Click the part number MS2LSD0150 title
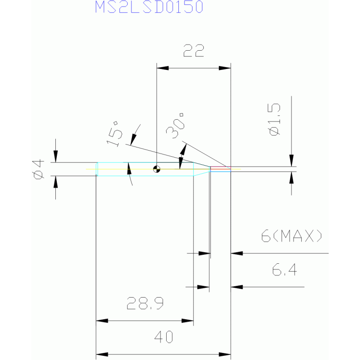coord(149,7)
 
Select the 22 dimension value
coord(193,51)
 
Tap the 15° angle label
coord(115,134)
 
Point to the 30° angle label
coord(175,126)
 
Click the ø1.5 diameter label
coord(275,119)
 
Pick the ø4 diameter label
coord(38,169)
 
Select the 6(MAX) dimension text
coord(291,236)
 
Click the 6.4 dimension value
coord(284,269)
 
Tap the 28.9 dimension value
coord(145,303)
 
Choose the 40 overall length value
coord(163,337)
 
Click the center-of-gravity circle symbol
coord(157,169)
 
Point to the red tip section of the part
coord(221,168)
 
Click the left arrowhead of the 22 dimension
coord(162,68)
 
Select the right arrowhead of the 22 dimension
coord(225,68)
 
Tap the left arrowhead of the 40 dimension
coord(102,354)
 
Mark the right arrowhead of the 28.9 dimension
coord(188,321)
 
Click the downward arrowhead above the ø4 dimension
coord(55,156)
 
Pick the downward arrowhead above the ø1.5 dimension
coord(291,161)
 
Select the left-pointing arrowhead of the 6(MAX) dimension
coord(237,253)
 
